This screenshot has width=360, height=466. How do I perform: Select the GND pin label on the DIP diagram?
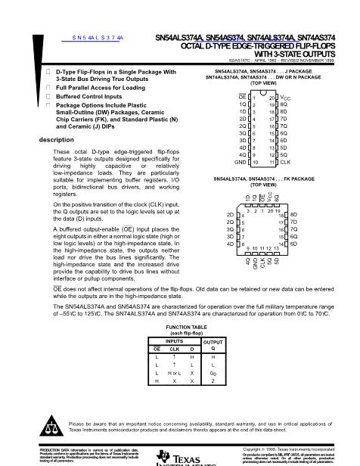[x=242, y=162]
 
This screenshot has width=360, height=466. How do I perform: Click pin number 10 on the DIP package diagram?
[x=255, y=162]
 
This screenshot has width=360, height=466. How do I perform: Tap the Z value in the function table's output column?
[x=213, y=381]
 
